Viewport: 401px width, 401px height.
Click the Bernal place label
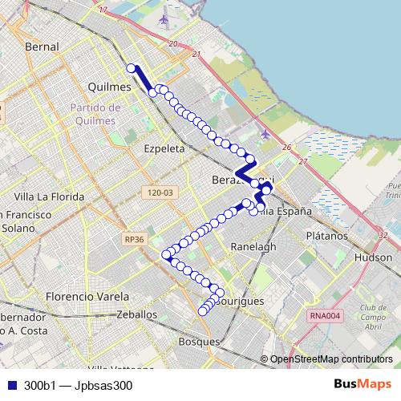tap(42, 47)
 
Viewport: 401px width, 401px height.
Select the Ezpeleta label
tap(164, 148)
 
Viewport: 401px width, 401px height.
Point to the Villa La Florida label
tap(50, 196)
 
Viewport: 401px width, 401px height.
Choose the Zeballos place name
tap(136, 315)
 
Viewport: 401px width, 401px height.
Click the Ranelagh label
tap(253, 246)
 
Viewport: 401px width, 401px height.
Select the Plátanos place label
tap(327, 237)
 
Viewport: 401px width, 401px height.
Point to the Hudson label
tap(373, 258)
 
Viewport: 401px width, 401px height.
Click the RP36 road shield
tap(135, 238)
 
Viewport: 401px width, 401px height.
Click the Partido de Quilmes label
tap(95, 114)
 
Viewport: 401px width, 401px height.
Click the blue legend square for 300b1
tap(10, 385)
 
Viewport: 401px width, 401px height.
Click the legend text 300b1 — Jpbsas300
tap(78, 385)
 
